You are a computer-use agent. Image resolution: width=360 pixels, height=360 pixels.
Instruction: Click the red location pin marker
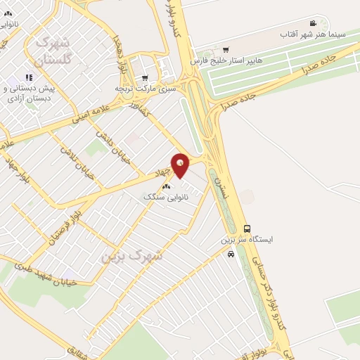[181, 165]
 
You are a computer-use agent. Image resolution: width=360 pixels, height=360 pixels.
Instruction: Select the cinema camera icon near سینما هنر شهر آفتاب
[313, 23]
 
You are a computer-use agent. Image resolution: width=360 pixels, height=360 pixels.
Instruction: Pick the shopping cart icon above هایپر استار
[225, 49]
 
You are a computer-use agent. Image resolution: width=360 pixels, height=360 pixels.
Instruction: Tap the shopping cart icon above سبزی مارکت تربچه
[144, 78]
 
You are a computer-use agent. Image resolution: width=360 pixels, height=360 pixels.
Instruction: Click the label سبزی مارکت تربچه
[144, 89]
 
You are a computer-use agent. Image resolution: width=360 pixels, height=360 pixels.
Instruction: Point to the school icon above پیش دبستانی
[29, 77]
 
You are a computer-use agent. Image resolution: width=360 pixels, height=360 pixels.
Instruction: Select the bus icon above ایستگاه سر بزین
[247, 229]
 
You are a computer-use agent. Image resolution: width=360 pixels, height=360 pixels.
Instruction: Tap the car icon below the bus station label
[231, 255]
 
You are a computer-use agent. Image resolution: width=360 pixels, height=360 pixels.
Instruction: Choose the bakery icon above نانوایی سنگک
[166, 186]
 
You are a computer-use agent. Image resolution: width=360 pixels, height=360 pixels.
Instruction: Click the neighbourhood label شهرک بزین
[131, 256]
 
